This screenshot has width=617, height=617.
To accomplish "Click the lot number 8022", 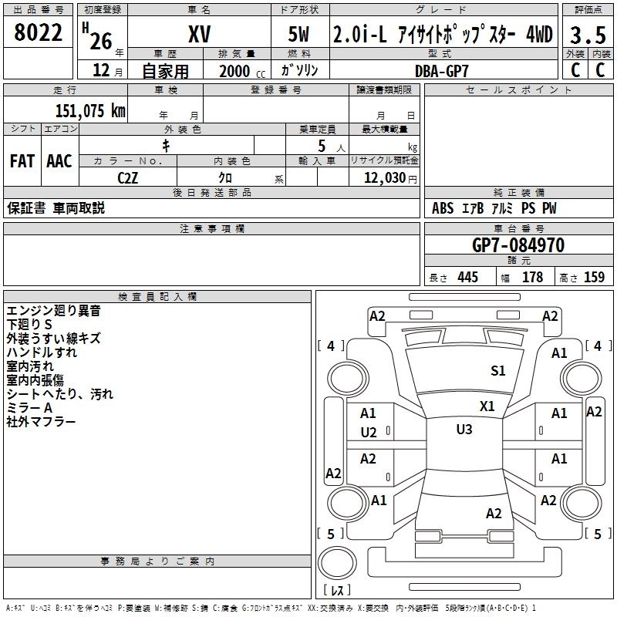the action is pos(38,32).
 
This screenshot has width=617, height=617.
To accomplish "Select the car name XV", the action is pos(200,34).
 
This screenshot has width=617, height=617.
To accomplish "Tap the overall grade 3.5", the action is pos(588,35).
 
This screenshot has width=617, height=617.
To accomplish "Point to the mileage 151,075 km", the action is pos(90,111).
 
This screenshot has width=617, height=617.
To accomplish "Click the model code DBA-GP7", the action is pos(442,71).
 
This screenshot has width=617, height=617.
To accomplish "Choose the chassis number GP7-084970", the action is pos(518,245).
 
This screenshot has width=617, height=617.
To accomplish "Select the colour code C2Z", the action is pos(128,178).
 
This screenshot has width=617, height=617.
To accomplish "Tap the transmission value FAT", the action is pos(22,161).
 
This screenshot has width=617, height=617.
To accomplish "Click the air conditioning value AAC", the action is pos(59,161).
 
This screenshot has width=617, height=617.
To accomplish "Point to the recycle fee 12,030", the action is pos(385,178).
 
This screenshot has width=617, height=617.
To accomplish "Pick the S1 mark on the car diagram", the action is pos(497,370).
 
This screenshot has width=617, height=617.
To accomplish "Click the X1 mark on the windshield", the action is pos(487,406).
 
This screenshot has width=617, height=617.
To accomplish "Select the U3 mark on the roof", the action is pos(464,429).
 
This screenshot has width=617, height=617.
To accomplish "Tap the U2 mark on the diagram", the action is pos(369,433).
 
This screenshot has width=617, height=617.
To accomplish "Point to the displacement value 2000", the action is pos(234,71).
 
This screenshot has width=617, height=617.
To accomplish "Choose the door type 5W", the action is pos(298,34).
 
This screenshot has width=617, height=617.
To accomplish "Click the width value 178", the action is pos(532,277).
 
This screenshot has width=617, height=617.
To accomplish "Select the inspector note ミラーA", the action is pos(29,408).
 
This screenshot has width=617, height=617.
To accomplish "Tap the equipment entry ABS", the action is pos(443,208).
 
